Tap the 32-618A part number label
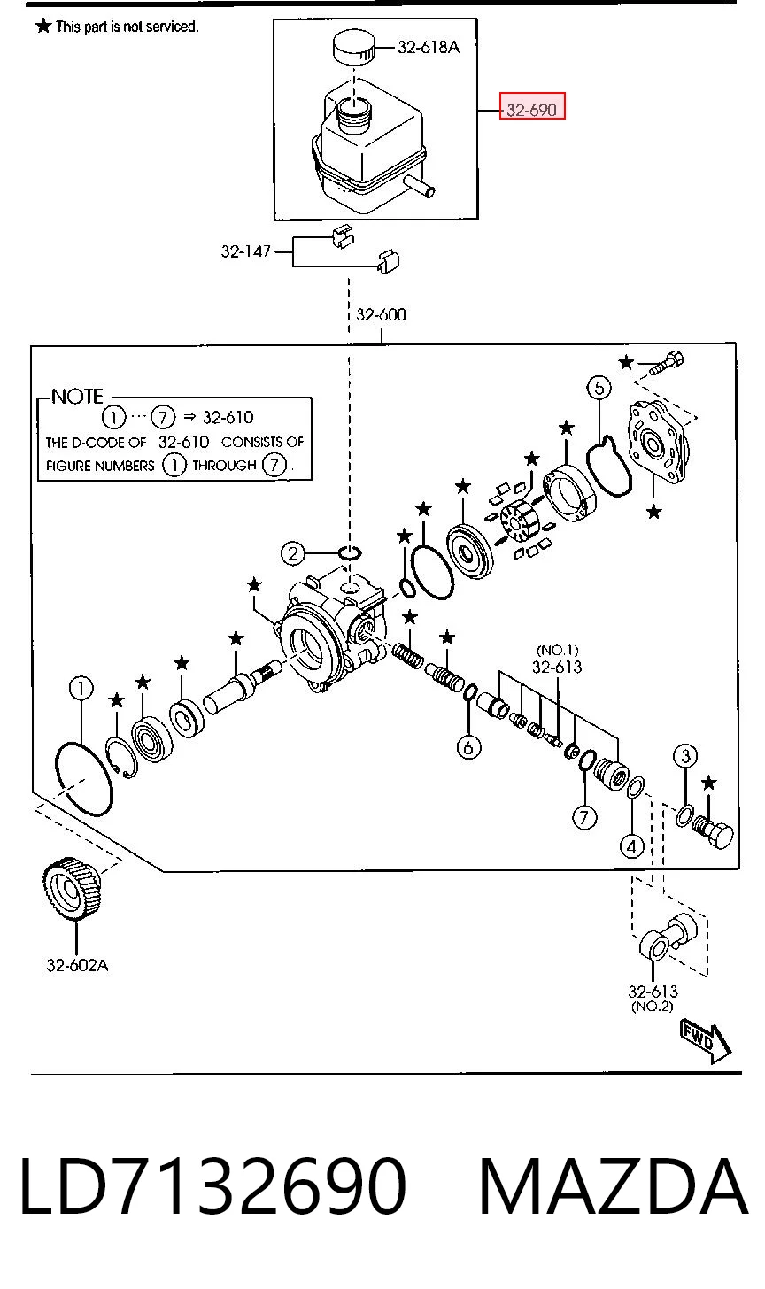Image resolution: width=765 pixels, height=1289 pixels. pyautogui.click(x=429, y=47)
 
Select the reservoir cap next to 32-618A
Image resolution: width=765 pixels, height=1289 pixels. pyautogui.click(x=353, y=46)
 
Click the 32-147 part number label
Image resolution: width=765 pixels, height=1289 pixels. pyautogui.click(x=246, y=251)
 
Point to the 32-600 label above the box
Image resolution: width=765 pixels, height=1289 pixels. pyautogui.click(x=381, y=314)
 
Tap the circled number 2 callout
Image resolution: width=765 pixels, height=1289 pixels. pyautogui.click(x=293, y=553)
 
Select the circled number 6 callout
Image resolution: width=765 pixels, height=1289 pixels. pyautogui.click(x=468, y=747)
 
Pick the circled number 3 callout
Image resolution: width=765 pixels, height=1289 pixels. pyautogui.click(x=685, y=755)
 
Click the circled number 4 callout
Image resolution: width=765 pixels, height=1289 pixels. pyautogui.click(x=632, y=846)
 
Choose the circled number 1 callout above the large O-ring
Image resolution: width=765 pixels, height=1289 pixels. pyautogui.click(x=81, y=688)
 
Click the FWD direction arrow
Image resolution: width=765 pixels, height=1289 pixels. pyautogui.click(x=706, y=1041)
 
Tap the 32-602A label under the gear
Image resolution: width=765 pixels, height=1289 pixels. pyautogui.click(x=77, y=965)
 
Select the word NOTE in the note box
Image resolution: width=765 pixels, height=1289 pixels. pyautogui.click(x=77, y=396)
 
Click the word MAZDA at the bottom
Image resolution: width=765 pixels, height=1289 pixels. pyautogui.click(x=614, y=1186)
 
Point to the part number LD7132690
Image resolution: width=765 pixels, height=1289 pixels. pyautogui.click(x=213, y=1186)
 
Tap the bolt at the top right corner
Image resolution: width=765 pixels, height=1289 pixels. pyautogui.click(x=667, y=363)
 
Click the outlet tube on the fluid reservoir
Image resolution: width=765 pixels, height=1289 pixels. pyautogui.click(x=421, y=187)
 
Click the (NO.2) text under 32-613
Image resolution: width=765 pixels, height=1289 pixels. pyautogui.click(x=653, y=1007)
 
